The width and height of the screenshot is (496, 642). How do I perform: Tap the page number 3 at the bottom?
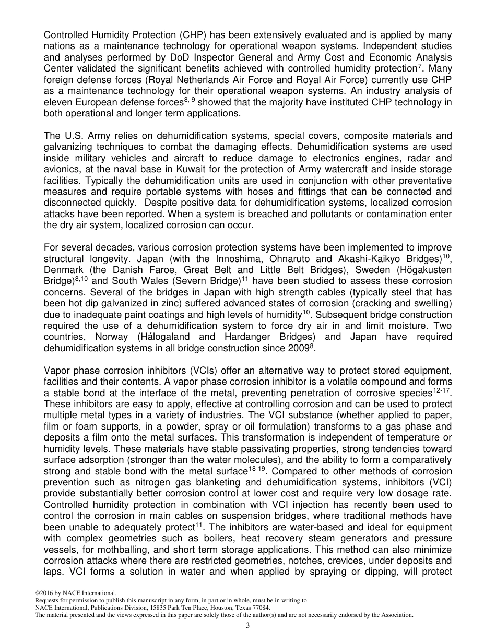point(248,626)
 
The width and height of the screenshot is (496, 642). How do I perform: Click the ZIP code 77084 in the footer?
point(259,608)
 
